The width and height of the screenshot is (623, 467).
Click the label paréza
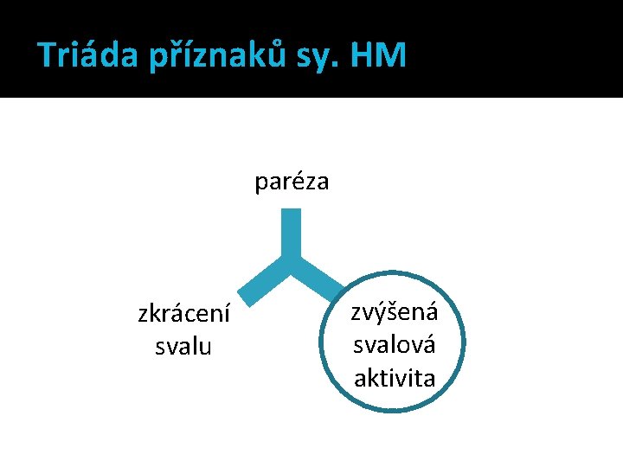click(x=292, y=182)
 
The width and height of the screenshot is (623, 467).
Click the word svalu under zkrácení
click(x=183, y=347)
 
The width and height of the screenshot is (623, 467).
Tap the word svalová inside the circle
click(x=395, y=344)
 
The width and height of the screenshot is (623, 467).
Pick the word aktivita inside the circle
click(x=395, y=377)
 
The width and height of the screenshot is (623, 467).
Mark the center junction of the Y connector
click(x=292, y=259)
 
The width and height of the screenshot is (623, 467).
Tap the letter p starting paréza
click(x=260, y=185)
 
